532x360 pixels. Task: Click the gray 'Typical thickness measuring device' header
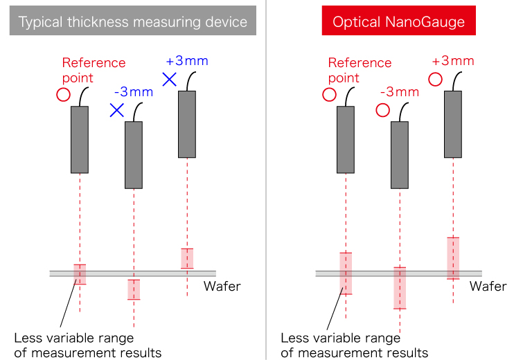[x=133, y=22]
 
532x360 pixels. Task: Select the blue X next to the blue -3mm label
[x=116, y=109]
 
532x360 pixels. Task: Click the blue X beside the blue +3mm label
[x=169, y=79]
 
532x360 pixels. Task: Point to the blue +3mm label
[x=188, y=62]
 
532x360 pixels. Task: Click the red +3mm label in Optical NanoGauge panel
[x=453, y=62]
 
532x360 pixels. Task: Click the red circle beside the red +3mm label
[x=435, y=79]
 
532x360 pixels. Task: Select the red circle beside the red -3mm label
[x=382, y=109]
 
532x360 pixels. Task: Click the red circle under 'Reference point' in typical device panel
[x=63, y=94]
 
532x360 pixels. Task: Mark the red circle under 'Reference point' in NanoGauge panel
[x=329, y=94]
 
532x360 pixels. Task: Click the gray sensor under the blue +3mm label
[x=187, y=124]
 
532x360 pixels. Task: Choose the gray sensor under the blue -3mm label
[x=134, y=155]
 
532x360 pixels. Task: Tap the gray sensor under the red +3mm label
[x=453, y=124]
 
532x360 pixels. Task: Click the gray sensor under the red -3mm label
[x=400, y=155]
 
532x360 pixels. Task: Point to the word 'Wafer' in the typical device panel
[x=222, y=286]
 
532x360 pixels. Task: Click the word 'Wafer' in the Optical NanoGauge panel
[x=488, y=286]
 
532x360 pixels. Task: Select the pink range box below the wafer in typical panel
[x=134, y=289]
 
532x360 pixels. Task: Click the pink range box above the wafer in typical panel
[x=187, y=258]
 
